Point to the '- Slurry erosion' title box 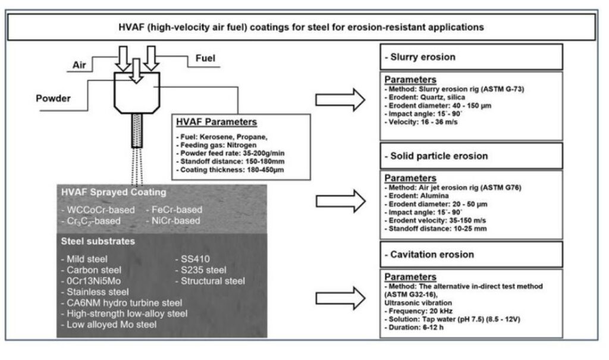(470, 57)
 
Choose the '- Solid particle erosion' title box (470, 156)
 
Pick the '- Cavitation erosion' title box (470, 254)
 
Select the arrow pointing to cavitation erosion (340, 296)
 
